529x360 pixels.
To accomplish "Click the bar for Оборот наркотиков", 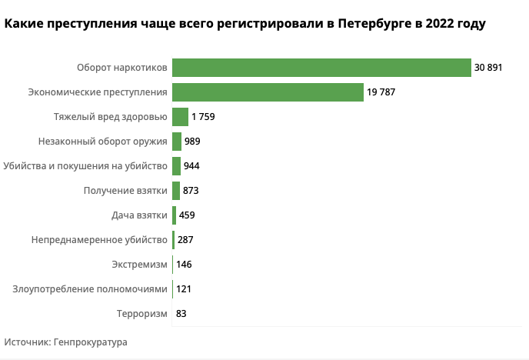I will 321,68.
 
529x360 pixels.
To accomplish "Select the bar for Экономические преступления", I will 268,92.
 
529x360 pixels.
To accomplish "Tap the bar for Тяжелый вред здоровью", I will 180,117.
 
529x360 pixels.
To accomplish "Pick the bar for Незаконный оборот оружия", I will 177,142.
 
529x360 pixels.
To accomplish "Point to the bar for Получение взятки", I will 176,191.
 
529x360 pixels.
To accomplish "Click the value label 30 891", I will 488,68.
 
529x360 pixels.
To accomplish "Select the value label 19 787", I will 381,92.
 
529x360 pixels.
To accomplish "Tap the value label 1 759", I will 205,117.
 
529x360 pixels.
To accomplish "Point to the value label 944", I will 192,166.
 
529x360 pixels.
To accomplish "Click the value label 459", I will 187,215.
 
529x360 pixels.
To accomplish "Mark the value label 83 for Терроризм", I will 181,314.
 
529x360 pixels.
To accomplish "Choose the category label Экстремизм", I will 139,265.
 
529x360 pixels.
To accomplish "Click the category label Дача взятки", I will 140,215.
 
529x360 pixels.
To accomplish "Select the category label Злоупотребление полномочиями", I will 90,289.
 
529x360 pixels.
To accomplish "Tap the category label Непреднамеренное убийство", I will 99,240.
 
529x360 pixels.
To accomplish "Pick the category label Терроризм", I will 141,314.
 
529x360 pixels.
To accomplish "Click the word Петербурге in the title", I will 374,25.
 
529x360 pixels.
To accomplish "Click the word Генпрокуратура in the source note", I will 91,342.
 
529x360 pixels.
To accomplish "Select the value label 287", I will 185,240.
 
